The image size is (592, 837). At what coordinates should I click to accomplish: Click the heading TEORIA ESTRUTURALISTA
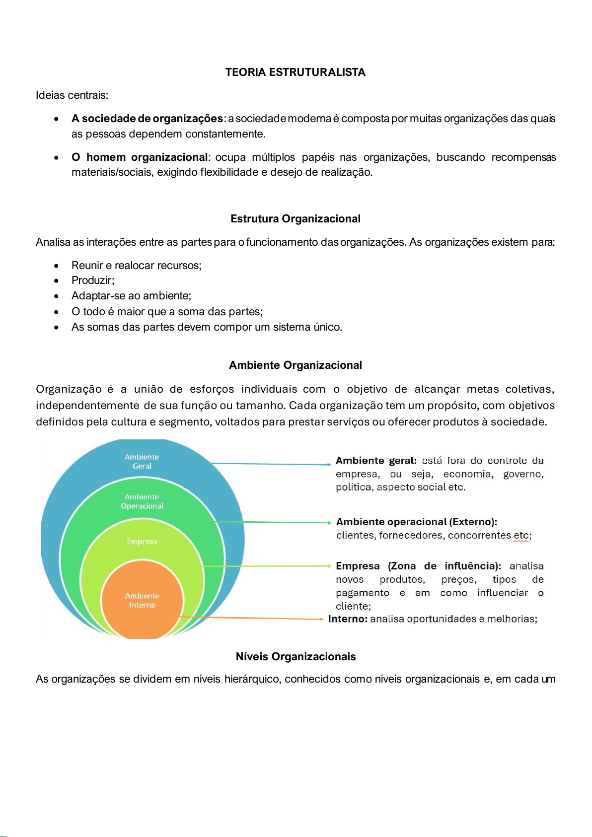(295, 72)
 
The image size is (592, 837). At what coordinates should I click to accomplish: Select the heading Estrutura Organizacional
(295, 219)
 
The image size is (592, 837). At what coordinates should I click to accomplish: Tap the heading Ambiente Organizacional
(295, 365)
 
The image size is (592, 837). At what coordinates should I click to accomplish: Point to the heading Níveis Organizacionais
(296, 657)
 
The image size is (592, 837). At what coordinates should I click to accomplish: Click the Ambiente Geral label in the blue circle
(142, 461)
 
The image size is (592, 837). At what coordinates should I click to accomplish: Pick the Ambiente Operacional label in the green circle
(142, 501)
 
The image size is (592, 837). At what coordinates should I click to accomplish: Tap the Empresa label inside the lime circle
(142, 541)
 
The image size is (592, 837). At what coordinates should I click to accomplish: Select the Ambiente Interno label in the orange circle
(142, 600)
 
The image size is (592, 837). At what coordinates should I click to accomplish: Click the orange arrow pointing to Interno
(253, 618)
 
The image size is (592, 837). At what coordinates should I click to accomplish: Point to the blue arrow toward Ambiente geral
(271, 464)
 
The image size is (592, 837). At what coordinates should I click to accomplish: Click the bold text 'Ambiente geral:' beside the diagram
(376, 461)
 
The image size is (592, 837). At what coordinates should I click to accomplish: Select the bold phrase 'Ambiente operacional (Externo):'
(416, 522)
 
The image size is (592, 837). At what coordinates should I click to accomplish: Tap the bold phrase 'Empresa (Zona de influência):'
(418, 566)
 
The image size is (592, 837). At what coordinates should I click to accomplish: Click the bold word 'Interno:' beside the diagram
(348, 619)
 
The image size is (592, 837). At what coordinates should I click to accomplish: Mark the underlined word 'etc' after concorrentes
(521, 536)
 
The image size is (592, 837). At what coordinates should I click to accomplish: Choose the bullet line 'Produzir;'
(93, 280)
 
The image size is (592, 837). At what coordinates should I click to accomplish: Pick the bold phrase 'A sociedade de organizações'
(147, 119)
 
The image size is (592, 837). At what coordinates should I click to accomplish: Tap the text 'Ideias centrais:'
(72, 95)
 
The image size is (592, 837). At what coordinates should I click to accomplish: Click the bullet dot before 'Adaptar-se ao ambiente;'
(57, 296)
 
